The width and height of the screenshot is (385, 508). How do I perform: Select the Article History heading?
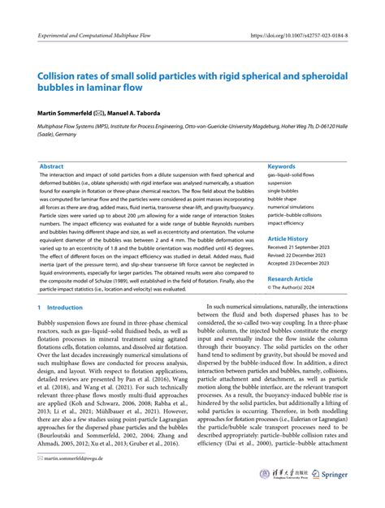[288, 239]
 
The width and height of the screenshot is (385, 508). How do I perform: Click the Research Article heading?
[291, 278]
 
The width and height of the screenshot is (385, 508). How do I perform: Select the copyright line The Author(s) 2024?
[294, 286]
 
